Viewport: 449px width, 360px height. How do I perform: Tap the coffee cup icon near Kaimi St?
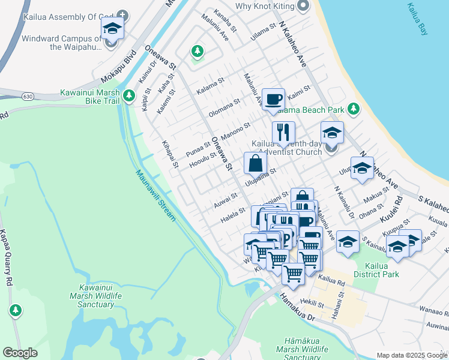273,98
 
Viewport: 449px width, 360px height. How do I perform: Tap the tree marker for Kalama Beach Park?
354,109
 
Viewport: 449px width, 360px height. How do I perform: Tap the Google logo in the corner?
20,353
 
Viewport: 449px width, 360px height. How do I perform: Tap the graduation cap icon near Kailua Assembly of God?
112,28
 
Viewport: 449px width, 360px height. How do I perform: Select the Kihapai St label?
170,154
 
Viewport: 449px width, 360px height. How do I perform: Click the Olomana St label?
223,109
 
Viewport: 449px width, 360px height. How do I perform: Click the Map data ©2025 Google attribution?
412,355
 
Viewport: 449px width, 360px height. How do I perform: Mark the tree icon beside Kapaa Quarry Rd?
15,310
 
